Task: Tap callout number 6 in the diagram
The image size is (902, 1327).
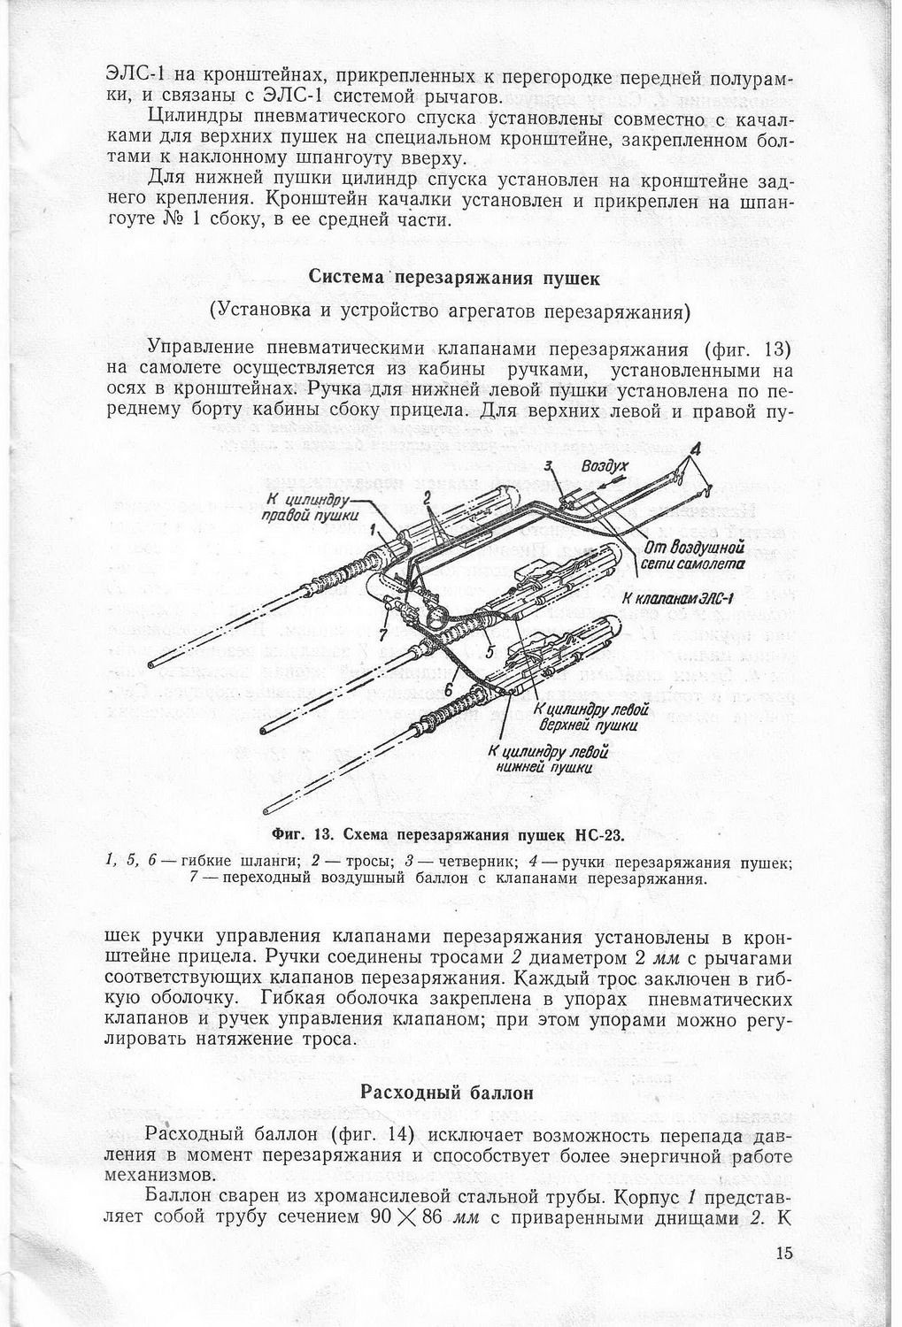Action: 449,687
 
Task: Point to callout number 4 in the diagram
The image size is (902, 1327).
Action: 695,450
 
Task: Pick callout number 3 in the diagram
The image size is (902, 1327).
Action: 549,465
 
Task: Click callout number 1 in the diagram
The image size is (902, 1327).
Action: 374,529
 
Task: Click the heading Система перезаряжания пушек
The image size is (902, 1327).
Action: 454,277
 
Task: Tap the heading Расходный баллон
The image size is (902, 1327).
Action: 448,1092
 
